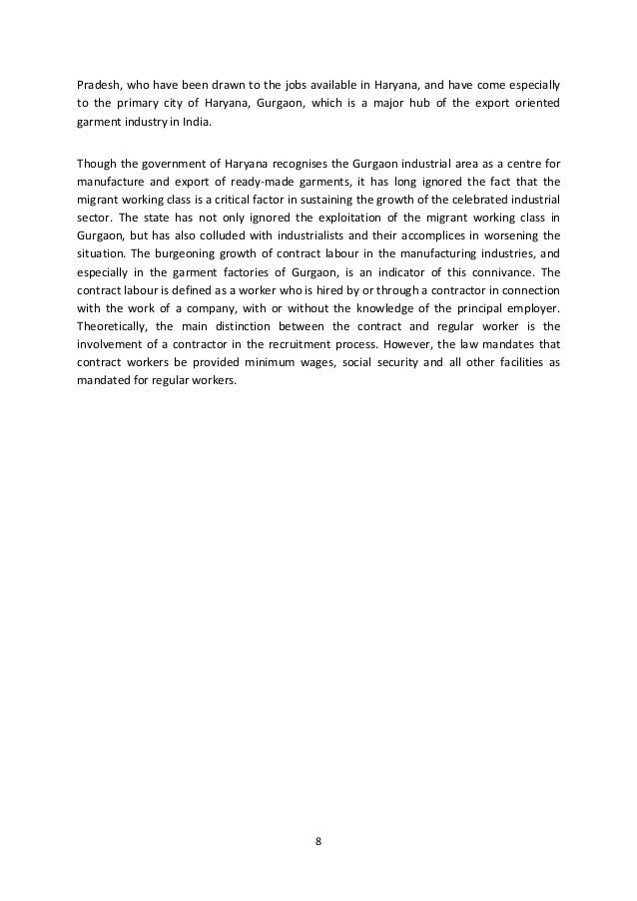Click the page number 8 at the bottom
(x=318, y=840)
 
